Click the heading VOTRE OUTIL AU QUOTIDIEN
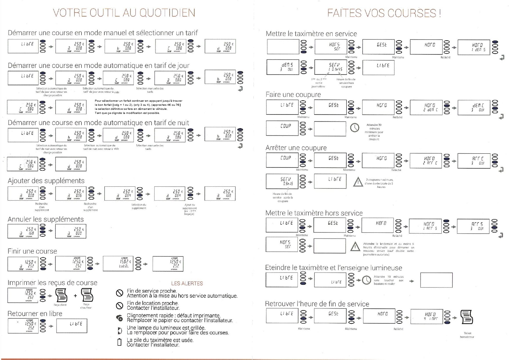(x=124, y=13)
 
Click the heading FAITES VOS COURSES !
(x=384, y=13)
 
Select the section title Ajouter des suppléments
(x=46, y=181)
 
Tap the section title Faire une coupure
(x=293, y=95)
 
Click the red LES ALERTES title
(x=187, y=283)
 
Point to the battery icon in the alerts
(x=119, y=343)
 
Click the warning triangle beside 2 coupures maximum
(x=358, y=182)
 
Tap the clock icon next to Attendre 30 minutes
(x=354, y=128)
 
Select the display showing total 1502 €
(x=118, y=263)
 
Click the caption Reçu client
(x=60, y=305)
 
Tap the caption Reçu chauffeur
(x=86, y=306)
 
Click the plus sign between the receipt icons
(x=75, y=296)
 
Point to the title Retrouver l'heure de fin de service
(x=317, y=304)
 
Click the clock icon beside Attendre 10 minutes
(x=367, y=280)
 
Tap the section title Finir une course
(x=32, y=251)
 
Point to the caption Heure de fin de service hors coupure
(x=346, y=83)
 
